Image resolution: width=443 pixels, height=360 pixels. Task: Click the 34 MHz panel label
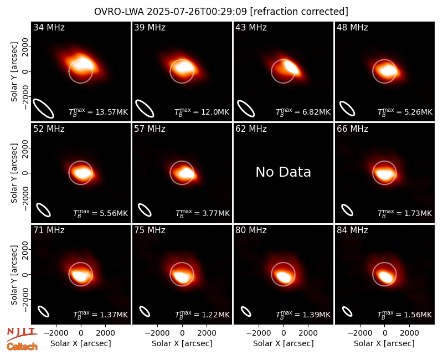tap(49, 27)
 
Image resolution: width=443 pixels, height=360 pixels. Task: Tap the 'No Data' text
tap(283, 172)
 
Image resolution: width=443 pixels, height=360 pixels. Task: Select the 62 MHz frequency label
tap(251, 129)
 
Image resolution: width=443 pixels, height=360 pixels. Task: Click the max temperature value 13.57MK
tap(99, 112)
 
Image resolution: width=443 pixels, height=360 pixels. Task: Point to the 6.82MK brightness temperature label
tap(303, 112)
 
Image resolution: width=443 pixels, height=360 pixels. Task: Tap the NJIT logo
tap(22, 333)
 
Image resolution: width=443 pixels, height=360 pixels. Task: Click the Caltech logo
tap(22, 347)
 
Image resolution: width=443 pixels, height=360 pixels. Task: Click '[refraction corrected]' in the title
tap(299, 12)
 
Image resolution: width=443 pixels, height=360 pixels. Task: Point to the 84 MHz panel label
tap(352, 230)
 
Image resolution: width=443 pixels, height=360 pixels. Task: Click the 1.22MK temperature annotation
tap(202, 315)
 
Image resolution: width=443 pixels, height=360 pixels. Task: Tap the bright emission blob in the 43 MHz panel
tap(292, 67)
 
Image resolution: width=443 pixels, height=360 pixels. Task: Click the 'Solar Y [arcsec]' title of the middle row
tap(14, 173)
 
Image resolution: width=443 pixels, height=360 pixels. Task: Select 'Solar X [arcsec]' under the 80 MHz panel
tap(284, 343)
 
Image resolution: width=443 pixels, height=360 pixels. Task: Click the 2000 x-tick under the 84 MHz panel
tap(409, 333)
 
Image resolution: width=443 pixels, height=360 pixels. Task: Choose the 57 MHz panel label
tap(150, 129)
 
